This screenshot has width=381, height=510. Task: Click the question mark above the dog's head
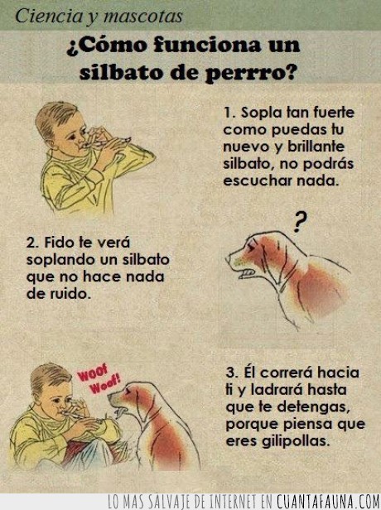click(300, 222)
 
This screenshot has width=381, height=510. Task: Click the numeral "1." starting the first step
click(229, 113)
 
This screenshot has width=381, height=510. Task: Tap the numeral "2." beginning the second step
click(33, 243)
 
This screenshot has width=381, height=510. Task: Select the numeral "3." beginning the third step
click(233, 373)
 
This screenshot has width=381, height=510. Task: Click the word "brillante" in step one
click(316, 147)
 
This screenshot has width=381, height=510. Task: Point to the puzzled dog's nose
click(228, 259)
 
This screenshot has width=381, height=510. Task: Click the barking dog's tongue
click(123, 413)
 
